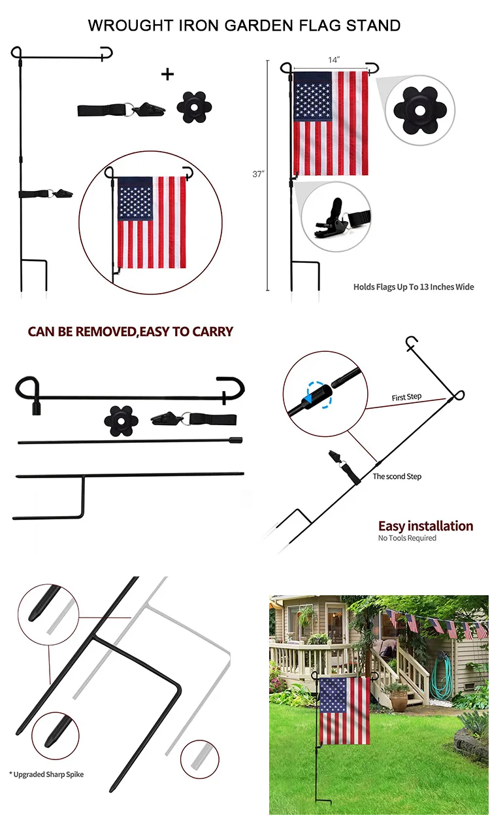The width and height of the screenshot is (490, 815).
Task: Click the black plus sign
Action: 168,74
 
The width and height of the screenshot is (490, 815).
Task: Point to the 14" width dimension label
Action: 334,60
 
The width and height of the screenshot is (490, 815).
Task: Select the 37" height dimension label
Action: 258,174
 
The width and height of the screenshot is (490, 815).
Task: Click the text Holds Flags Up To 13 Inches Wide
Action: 414,286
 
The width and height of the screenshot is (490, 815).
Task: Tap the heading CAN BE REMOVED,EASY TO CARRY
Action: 130,332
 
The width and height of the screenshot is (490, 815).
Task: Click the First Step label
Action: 406,398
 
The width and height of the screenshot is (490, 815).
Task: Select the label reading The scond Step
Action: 397,476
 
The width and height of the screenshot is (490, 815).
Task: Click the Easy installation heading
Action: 425,526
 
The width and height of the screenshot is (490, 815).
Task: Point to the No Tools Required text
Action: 407,538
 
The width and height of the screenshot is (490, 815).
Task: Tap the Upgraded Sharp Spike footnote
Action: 46,774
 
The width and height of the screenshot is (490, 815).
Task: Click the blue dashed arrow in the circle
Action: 316,394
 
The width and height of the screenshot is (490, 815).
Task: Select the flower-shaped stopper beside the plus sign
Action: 195,107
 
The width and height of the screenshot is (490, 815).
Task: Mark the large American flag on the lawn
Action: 344,710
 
